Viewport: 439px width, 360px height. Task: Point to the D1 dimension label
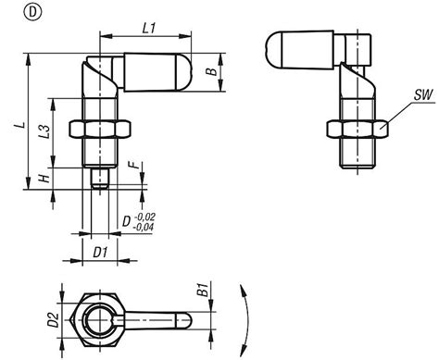tap(100, 250)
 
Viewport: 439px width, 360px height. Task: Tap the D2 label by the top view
tap(53, 320)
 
